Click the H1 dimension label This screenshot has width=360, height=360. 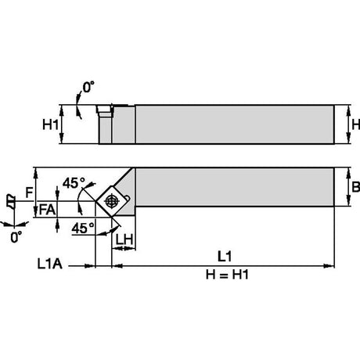pyautogui.click(x=51, y=124)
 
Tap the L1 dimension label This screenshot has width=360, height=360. pyautogui.click(x=225, y=257)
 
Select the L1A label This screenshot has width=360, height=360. pyautogui.click(x=50, y=264)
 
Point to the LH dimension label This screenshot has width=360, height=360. pyautogui.click(x=124, y=239)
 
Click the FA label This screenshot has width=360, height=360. pyautogui.click(x=47, y=210)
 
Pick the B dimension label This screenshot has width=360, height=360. pyautogui.click(x=356, y=187)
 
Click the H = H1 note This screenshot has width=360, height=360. pyautogui.click(x=227, y=275)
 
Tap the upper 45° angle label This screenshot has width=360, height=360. pyautogui.click(x=74, y=183)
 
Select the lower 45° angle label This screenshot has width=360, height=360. pyautogui.click(x=83, y=229)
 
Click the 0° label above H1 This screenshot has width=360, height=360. pyautogui.click(x=88, y=87)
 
